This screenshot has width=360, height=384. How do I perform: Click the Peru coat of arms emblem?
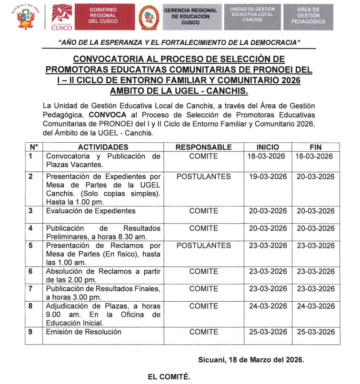pyautogui.click(x=23, y=18)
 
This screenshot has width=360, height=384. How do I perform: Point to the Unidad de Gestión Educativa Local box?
pyautogui.click(x=252, y=15)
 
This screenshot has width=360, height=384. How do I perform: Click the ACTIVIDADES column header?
pyautogui.click(x=103, y=147)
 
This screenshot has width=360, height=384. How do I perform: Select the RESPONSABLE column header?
pyautogui.click(x=203, y=147)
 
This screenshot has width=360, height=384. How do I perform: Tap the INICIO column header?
pyautogui.click(x=268, y=147)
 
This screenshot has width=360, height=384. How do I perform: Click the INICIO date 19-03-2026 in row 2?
pyautogui.click(x=268, y=177)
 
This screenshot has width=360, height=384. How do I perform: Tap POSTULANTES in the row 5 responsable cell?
pyautogui.click(x=203, y=246)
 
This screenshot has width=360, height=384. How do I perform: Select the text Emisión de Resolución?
pyautogui.click(x=84, y=332)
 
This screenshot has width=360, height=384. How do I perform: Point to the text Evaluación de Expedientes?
pyautogui.click(x=91, y=211)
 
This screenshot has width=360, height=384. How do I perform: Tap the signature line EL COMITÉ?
pyautogui.click(x=169, y=376)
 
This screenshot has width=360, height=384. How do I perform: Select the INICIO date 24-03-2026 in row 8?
pyautogui.click(x=268, y=306)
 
